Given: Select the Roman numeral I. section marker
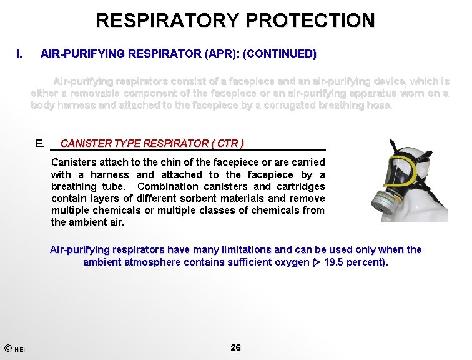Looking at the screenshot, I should pyautogui.click(x=19, y=54).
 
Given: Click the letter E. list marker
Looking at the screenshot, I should pyautogui.click(x=40, y=143).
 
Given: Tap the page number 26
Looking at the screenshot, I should pyautogui.click(x=235, y=347).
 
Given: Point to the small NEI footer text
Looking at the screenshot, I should pyautogui.click(x=20, y=349).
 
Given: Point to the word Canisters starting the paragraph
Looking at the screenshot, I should pyautogui.click(x=72, y=162).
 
